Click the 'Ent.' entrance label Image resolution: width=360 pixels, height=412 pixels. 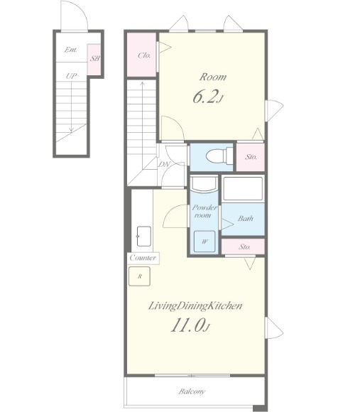[x=70, y=50]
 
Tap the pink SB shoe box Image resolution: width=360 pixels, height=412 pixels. [x=94, y=59]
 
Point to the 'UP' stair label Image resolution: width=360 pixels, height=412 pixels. [x=71, y=76]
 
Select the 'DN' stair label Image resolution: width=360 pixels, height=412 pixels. [x=164, y=165]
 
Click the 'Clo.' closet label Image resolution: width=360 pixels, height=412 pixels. [x=144, y=55]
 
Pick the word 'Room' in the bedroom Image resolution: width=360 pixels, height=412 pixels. [x=213, y=77]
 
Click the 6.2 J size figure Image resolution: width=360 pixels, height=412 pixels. [x=208, y=97]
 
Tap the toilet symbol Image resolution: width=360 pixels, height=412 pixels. [x=219, y=156]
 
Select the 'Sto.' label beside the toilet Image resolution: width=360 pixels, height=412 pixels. [x=251, y=157]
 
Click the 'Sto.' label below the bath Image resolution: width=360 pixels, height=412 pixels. [x=244, y=246]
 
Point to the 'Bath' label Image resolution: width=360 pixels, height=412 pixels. [x=246, y=218]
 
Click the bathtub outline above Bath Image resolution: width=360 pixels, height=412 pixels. [x=242, y=189]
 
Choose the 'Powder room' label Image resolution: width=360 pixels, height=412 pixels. [x=204, y=211]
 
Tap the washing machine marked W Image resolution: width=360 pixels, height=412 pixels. [x=204, y=242]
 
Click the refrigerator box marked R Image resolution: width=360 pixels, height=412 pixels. [x=139, y=276]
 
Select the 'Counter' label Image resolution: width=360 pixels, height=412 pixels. [x=143, y=258]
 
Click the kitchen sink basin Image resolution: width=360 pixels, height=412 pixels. [x=144, y=237]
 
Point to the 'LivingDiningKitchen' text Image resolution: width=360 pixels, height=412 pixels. [x=195, y=306]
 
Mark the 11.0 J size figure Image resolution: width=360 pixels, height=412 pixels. [x=190, y=325]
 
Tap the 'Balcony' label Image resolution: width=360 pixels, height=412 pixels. [x=192, y=391]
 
